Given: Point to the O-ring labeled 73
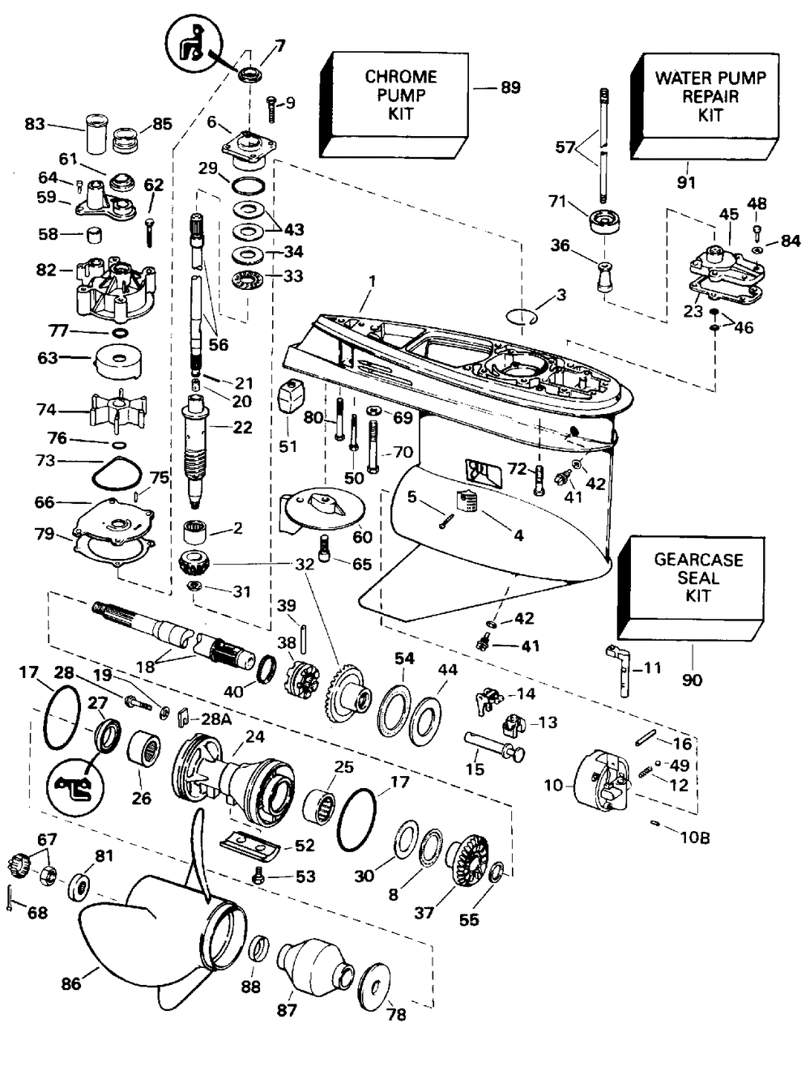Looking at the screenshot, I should tap(111, 471).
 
